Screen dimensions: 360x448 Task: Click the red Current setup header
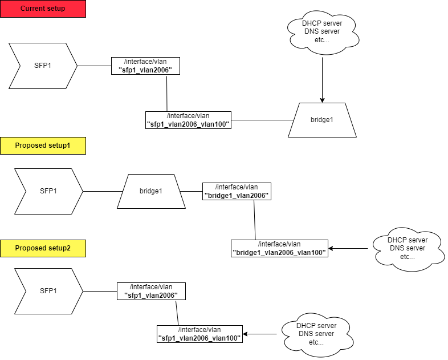(x=43, y=9)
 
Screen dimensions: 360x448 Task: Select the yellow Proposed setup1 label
(x=43, y=145)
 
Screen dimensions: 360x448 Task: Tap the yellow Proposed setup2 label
(x=43, y=248)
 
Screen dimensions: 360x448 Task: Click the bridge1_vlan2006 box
(x=237, y=191)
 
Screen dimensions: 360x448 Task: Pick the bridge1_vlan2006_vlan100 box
(x=279, y=248)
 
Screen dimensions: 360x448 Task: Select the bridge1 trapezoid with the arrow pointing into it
(x=322, y=120)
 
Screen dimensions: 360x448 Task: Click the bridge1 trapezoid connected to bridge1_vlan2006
(x=151, y=191)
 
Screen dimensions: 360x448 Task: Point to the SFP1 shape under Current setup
(x=43, y=66)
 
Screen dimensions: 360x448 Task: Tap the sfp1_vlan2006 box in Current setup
(x=145, y=66)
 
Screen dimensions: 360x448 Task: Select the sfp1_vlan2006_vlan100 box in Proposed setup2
(x=199, y=334)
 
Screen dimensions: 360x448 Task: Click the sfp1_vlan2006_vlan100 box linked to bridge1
(x=188, y=120)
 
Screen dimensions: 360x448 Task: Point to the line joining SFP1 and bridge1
(x=103, y=191)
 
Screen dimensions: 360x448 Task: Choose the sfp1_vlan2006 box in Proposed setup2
(x=151, y=291)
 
